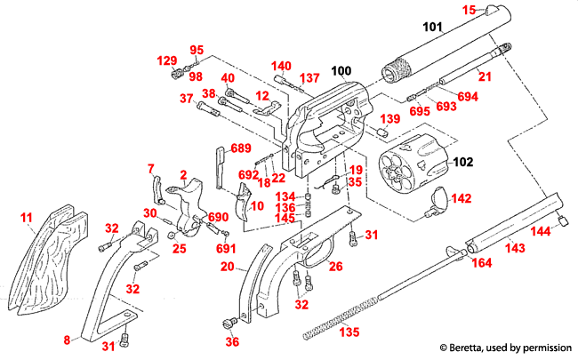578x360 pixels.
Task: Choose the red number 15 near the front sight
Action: click(469, 10)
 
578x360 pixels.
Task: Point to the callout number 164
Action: click(481, 263)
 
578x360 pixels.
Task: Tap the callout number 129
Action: click(167, 60)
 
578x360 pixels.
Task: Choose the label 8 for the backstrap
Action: click(66, 340)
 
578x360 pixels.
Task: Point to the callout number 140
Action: click(281, 66)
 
